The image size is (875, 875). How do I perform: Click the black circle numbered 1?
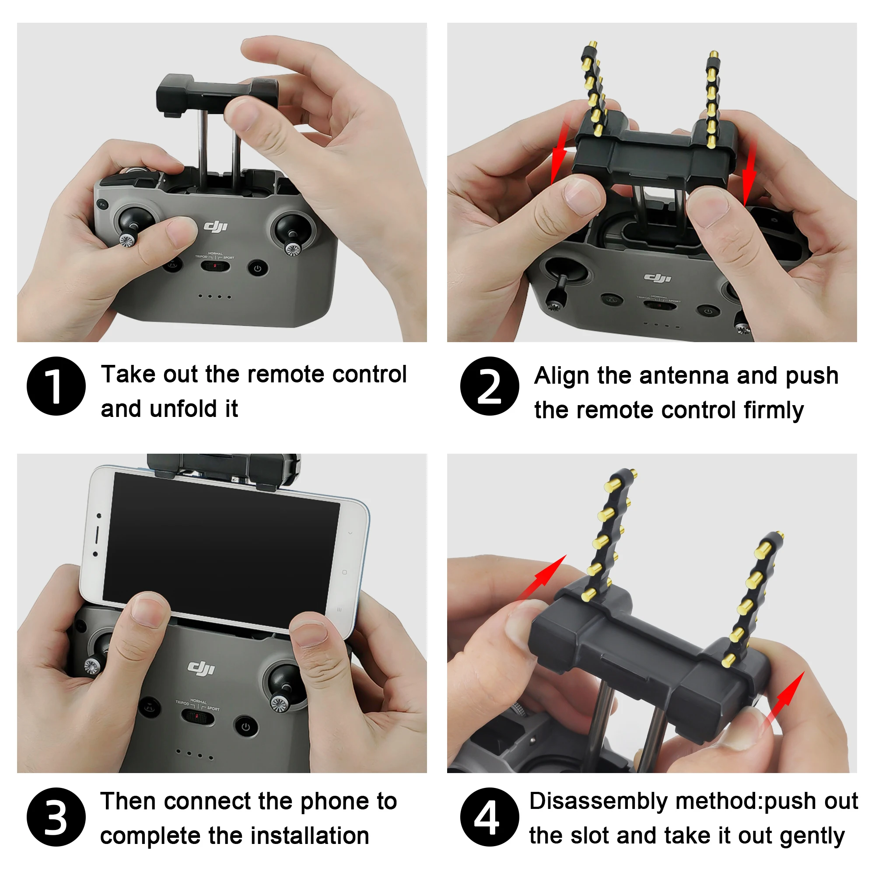56,386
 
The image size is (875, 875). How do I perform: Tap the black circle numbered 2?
490,386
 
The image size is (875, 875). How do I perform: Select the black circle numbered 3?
56,817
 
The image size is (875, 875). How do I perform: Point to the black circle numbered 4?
490,817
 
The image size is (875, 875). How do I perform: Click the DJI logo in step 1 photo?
215,226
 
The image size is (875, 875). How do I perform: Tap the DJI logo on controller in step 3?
202,668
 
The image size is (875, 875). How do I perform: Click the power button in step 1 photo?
258,268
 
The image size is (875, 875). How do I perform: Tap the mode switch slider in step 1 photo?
215,266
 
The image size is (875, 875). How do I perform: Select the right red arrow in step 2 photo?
749,175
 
